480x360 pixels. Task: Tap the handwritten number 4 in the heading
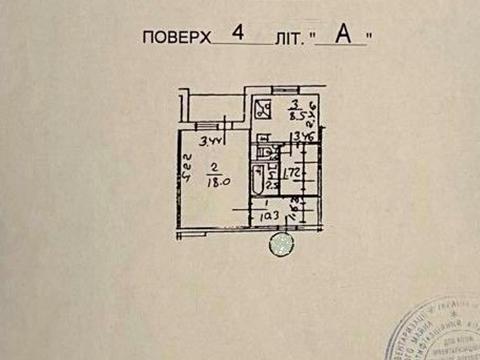tap(237, 33)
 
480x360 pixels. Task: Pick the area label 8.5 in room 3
tap(295, 116)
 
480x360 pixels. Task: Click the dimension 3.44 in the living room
tap(209, 141)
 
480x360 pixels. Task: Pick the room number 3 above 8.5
tap(295, 104)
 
